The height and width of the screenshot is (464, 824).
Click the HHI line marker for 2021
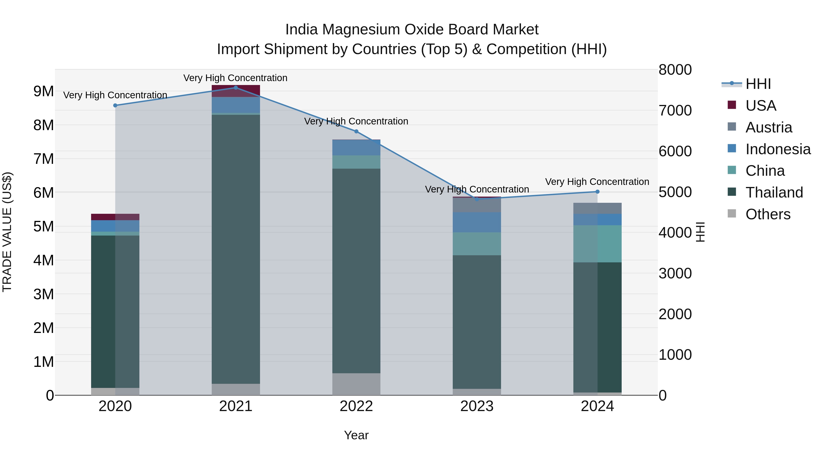click(x=236, y=88)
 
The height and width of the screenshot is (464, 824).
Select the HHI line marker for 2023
click(x=477, y=199)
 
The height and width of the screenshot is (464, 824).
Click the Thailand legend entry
click(x=774, y=192)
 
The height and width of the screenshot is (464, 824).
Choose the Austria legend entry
click(x=768, y=127)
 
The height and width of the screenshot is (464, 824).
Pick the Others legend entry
click(x=767, y=214)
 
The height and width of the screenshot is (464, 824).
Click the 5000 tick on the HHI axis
click(x=675, y=192)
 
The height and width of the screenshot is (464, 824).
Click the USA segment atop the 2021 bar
click(x=236, y=91)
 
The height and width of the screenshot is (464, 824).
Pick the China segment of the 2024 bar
click(x=597, y=244)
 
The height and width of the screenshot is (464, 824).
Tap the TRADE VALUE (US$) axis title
click(x=7, y=232)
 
